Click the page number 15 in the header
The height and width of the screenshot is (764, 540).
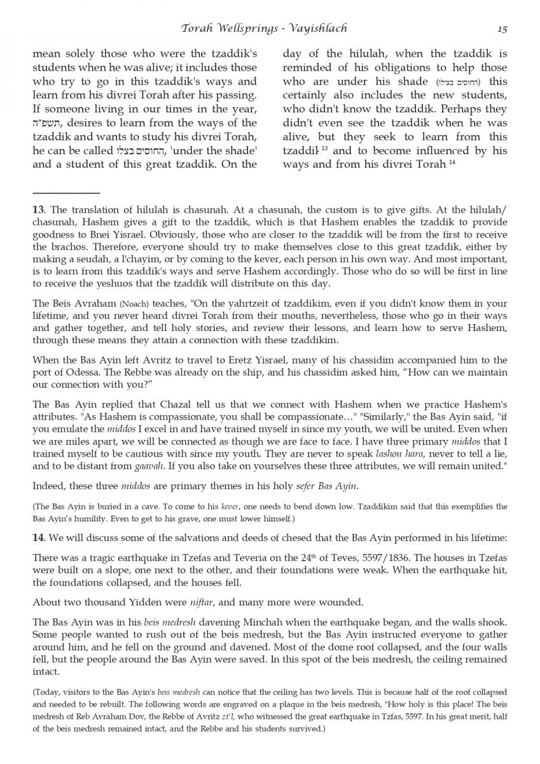pyautogui.click(x=502, y=29)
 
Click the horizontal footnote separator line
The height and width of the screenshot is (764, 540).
pyautogui.click(x=66, y=192)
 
